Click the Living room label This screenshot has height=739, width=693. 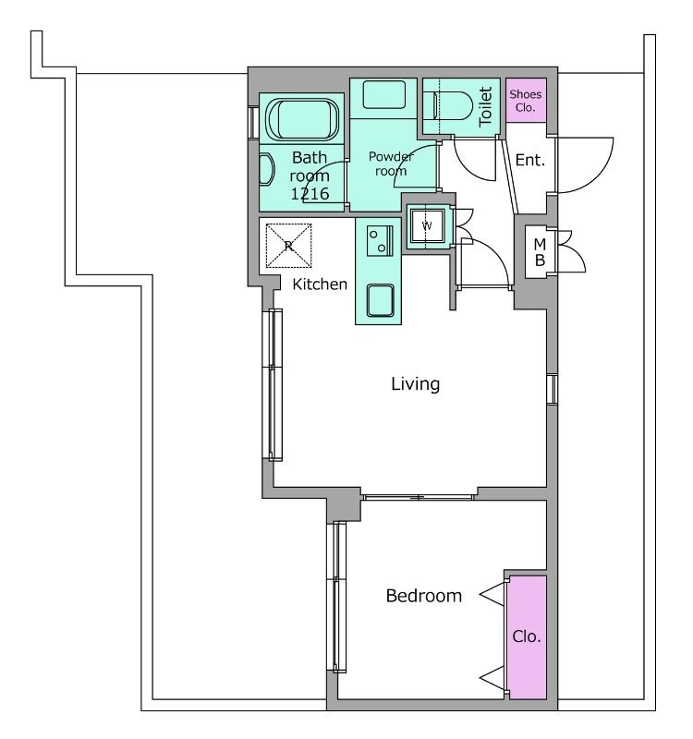pos(415,384)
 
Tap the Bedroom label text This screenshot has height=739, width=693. pos(424,596)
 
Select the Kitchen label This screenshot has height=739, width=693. pos(320,285)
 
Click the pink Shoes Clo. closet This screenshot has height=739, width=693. pos(526,101)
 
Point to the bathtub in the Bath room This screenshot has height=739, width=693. pos(302,119)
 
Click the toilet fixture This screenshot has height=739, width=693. pos(448,106)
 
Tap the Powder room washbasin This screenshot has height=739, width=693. pos(383,95)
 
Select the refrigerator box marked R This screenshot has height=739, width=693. pos(288,246)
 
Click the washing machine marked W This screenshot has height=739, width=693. pos(427,225)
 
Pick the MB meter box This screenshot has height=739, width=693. pos(541,252)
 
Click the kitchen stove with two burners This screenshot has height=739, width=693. pos(380,241)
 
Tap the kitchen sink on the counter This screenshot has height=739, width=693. pos(381,300)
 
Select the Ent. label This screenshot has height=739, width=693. pos(530,160)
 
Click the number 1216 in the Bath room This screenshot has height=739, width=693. pos(310,194)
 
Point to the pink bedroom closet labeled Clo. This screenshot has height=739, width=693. pos(527,637)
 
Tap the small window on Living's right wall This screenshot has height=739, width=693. pos(552,389)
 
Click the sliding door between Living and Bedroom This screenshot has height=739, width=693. pos(419,497)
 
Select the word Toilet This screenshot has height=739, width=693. pos(485,106)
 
